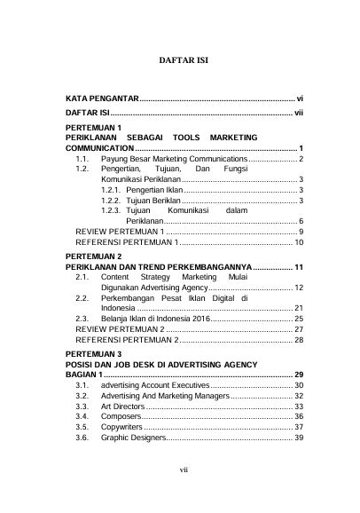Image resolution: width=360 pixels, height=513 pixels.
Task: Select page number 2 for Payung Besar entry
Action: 301,158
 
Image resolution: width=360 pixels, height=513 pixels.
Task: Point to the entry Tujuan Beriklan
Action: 153,201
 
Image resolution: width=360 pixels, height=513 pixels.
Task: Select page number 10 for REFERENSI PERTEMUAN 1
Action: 299,241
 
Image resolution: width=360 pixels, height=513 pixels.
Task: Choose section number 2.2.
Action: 82,299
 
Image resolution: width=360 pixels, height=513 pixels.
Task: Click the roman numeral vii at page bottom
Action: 182,494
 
